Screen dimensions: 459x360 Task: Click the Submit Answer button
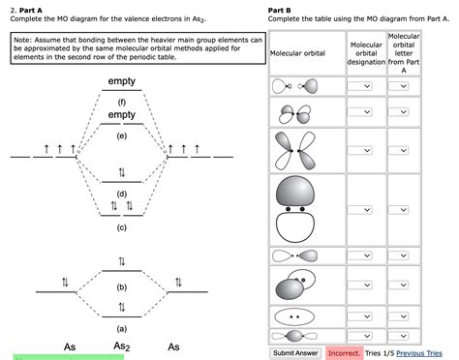pyautogui.click(x=296, y=352)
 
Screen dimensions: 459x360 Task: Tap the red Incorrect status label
pyautogui.click(x=344, y=352)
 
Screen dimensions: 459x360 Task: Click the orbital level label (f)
pyautogui.click(x=121, y=102)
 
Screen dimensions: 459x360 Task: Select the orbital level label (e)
pyautogui.click(x=121, y=136)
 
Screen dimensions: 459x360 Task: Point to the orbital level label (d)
pyautogui.click(x=121, y=194)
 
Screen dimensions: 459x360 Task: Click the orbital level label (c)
pyautogui.click(x=121, y=227)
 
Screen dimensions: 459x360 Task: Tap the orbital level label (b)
pyautogui.click(x=121, y=287)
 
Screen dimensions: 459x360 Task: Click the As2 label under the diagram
pyautogui.click(x=122, y=346)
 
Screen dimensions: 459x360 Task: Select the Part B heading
pyautogui.click(x=284, y=11)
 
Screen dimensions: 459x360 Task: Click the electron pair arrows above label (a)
pyautogui.click(x=121, y=307)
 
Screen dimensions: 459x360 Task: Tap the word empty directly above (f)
pyautogui.click(x=122, y=80)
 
